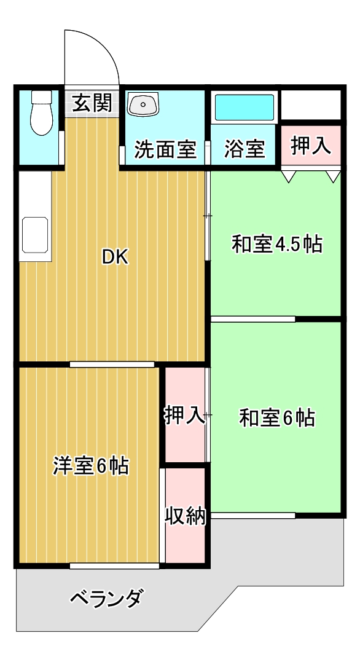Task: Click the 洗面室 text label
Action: pyautogui.click(x=165, y=149)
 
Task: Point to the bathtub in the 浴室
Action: pyautogui.click(x=244, y=108)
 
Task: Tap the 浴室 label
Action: pyautogui.click(x=245, y=149)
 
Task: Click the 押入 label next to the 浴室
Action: pyautogui.click(x=311, y=146)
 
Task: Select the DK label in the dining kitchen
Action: pyautogui.click(x=115, y=258)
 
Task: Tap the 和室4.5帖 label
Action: pyautogui.click(x=276, y=244)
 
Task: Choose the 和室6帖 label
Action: pyautogui.click(x=276, y=418)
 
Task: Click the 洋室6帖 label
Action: pyautogui.click(x=90, y=466)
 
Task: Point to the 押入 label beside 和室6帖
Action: pyautogui.click(x=184, y=416)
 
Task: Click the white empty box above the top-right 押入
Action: pyautogui.click(x=310, y=106)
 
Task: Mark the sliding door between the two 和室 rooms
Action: pyautogui.click(x=253, y=318)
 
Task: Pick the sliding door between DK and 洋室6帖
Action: pyautogui.click(x=112, y=364)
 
